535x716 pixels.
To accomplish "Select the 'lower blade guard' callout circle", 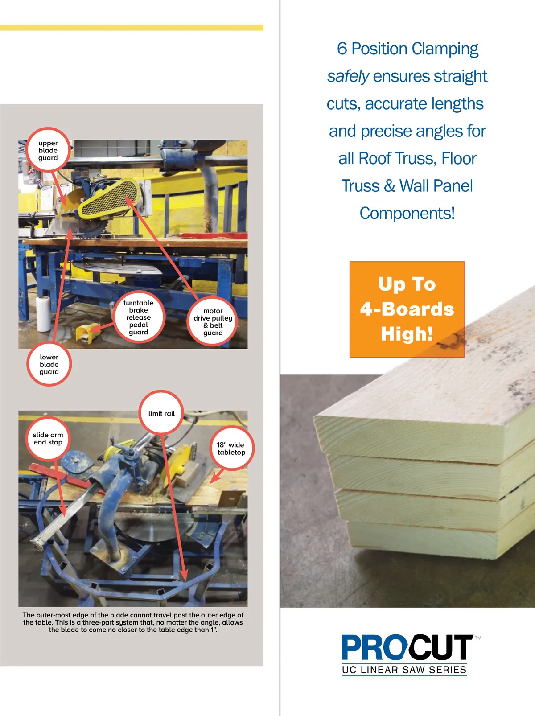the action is click(49, 364).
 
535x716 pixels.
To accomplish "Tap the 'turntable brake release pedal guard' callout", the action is click(138, 317).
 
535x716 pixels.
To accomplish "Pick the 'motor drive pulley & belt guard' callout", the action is click(213, 321).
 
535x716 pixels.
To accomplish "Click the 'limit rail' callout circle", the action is click(161, 413).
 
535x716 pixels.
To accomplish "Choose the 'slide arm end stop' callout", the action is click(48, 438).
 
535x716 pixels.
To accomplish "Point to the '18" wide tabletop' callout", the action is click(231, 448).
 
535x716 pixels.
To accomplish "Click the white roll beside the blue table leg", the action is click(43, 314).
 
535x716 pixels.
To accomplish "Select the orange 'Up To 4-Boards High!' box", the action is click(407, 309).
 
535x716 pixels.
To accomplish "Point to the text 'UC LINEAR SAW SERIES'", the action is click(404, 670).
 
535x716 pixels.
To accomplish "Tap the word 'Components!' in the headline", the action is click(407, 214).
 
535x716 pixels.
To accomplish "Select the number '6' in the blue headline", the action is click(342, 49).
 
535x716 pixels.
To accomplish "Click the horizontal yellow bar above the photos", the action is click(132, 28).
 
